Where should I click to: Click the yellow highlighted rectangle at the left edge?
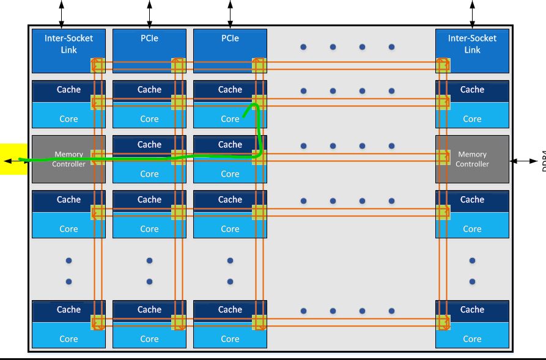coord(13,159)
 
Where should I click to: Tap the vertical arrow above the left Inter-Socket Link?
coord(61,12)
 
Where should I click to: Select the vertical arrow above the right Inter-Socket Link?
coord(472,12)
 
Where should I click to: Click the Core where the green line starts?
coord(230,119)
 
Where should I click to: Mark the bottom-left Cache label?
coord(68,309)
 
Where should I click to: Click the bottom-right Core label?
coord(472,339)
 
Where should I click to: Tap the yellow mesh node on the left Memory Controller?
coord(98,158)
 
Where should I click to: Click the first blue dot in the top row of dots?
coord(303,46)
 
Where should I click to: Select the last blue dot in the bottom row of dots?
coord(391,310)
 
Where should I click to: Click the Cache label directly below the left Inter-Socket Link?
coord(68,89)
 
